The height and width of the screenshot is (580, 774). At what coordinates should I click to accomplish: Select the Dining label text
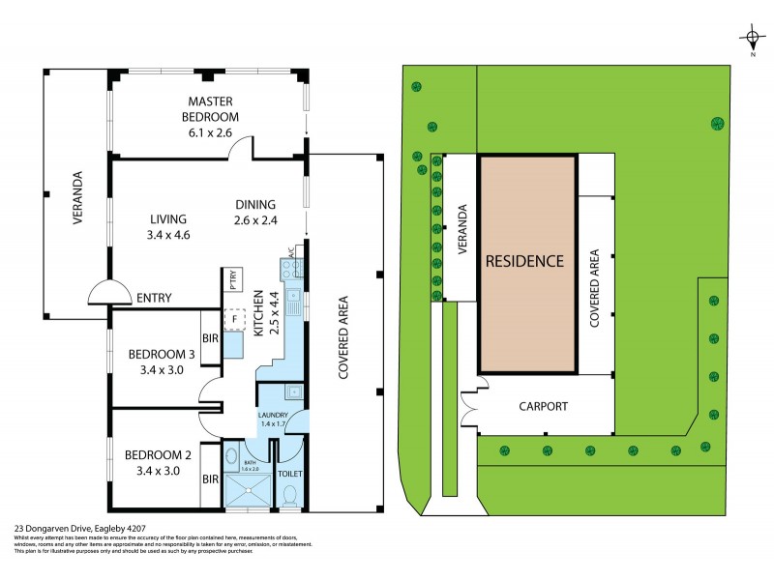click(x=255, y=204)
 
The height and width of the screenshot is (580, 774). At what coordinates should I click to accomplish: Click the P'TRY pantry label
click(x=234, y=280)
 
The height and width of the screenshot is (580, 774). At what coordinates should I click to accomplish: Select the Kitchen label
click(x=258, y=313)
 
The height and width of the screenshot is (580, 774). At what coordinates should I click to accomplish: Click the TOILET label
click(x=290, y=475)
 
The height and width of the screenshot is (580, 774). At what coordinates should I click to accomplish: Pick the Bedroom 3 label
click(x=162, y=354)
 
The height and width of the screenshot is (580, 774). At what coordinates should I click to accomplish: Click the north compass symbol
click(x=752, y=39)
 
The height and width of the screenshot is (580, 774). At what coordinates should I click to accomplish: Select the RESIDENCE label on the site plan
click(x=524, y=261)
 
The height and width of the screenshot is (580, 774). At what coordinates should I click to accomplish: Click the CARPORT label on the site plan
click(x=543, y=406)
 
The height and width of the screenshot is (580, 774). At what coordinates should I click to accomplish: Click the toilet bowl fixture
click(x=290, y=495)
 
